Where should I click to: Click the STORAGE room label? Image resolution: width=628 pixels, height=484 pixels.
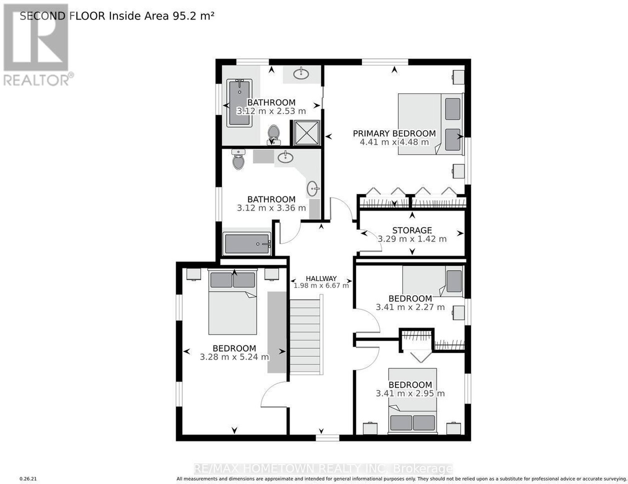[x=412, y=230]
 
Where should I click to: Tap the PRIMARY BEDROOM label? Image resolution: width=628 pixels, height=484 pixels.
[x=394, y=133]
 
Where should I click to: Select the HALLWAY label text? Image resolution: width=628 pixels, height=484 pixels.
[x=321, y=279]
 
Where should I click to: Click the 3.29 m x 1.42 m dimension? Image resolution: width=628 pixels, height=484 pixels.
[x=412, y=239]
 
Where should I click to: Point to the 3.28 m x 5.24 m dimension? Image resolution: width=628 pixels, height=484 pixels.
[x=234, y=357]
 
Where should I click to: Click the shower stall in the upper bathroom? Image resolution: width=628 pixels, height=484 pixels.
[x=307, y=133]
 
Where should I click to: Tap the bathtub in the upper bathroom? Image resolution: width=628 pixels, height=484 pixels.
[x=239, y=103]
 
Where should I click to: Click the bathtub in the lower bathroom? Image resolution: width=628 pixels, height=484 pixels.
[x=247, y=244]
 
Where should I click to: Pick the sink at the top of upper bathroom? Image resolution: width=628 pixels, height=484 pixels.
[x=301, y=74]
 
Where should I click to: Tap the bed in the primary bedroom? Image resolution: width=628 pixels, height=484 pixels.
[x=430, y=124]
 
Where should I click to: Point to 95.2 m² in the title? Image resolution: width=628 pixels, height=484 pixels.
[x=193, y=16]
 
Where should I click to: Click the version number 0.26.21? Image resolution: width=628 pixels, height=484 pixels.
[x=28, y=479]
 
